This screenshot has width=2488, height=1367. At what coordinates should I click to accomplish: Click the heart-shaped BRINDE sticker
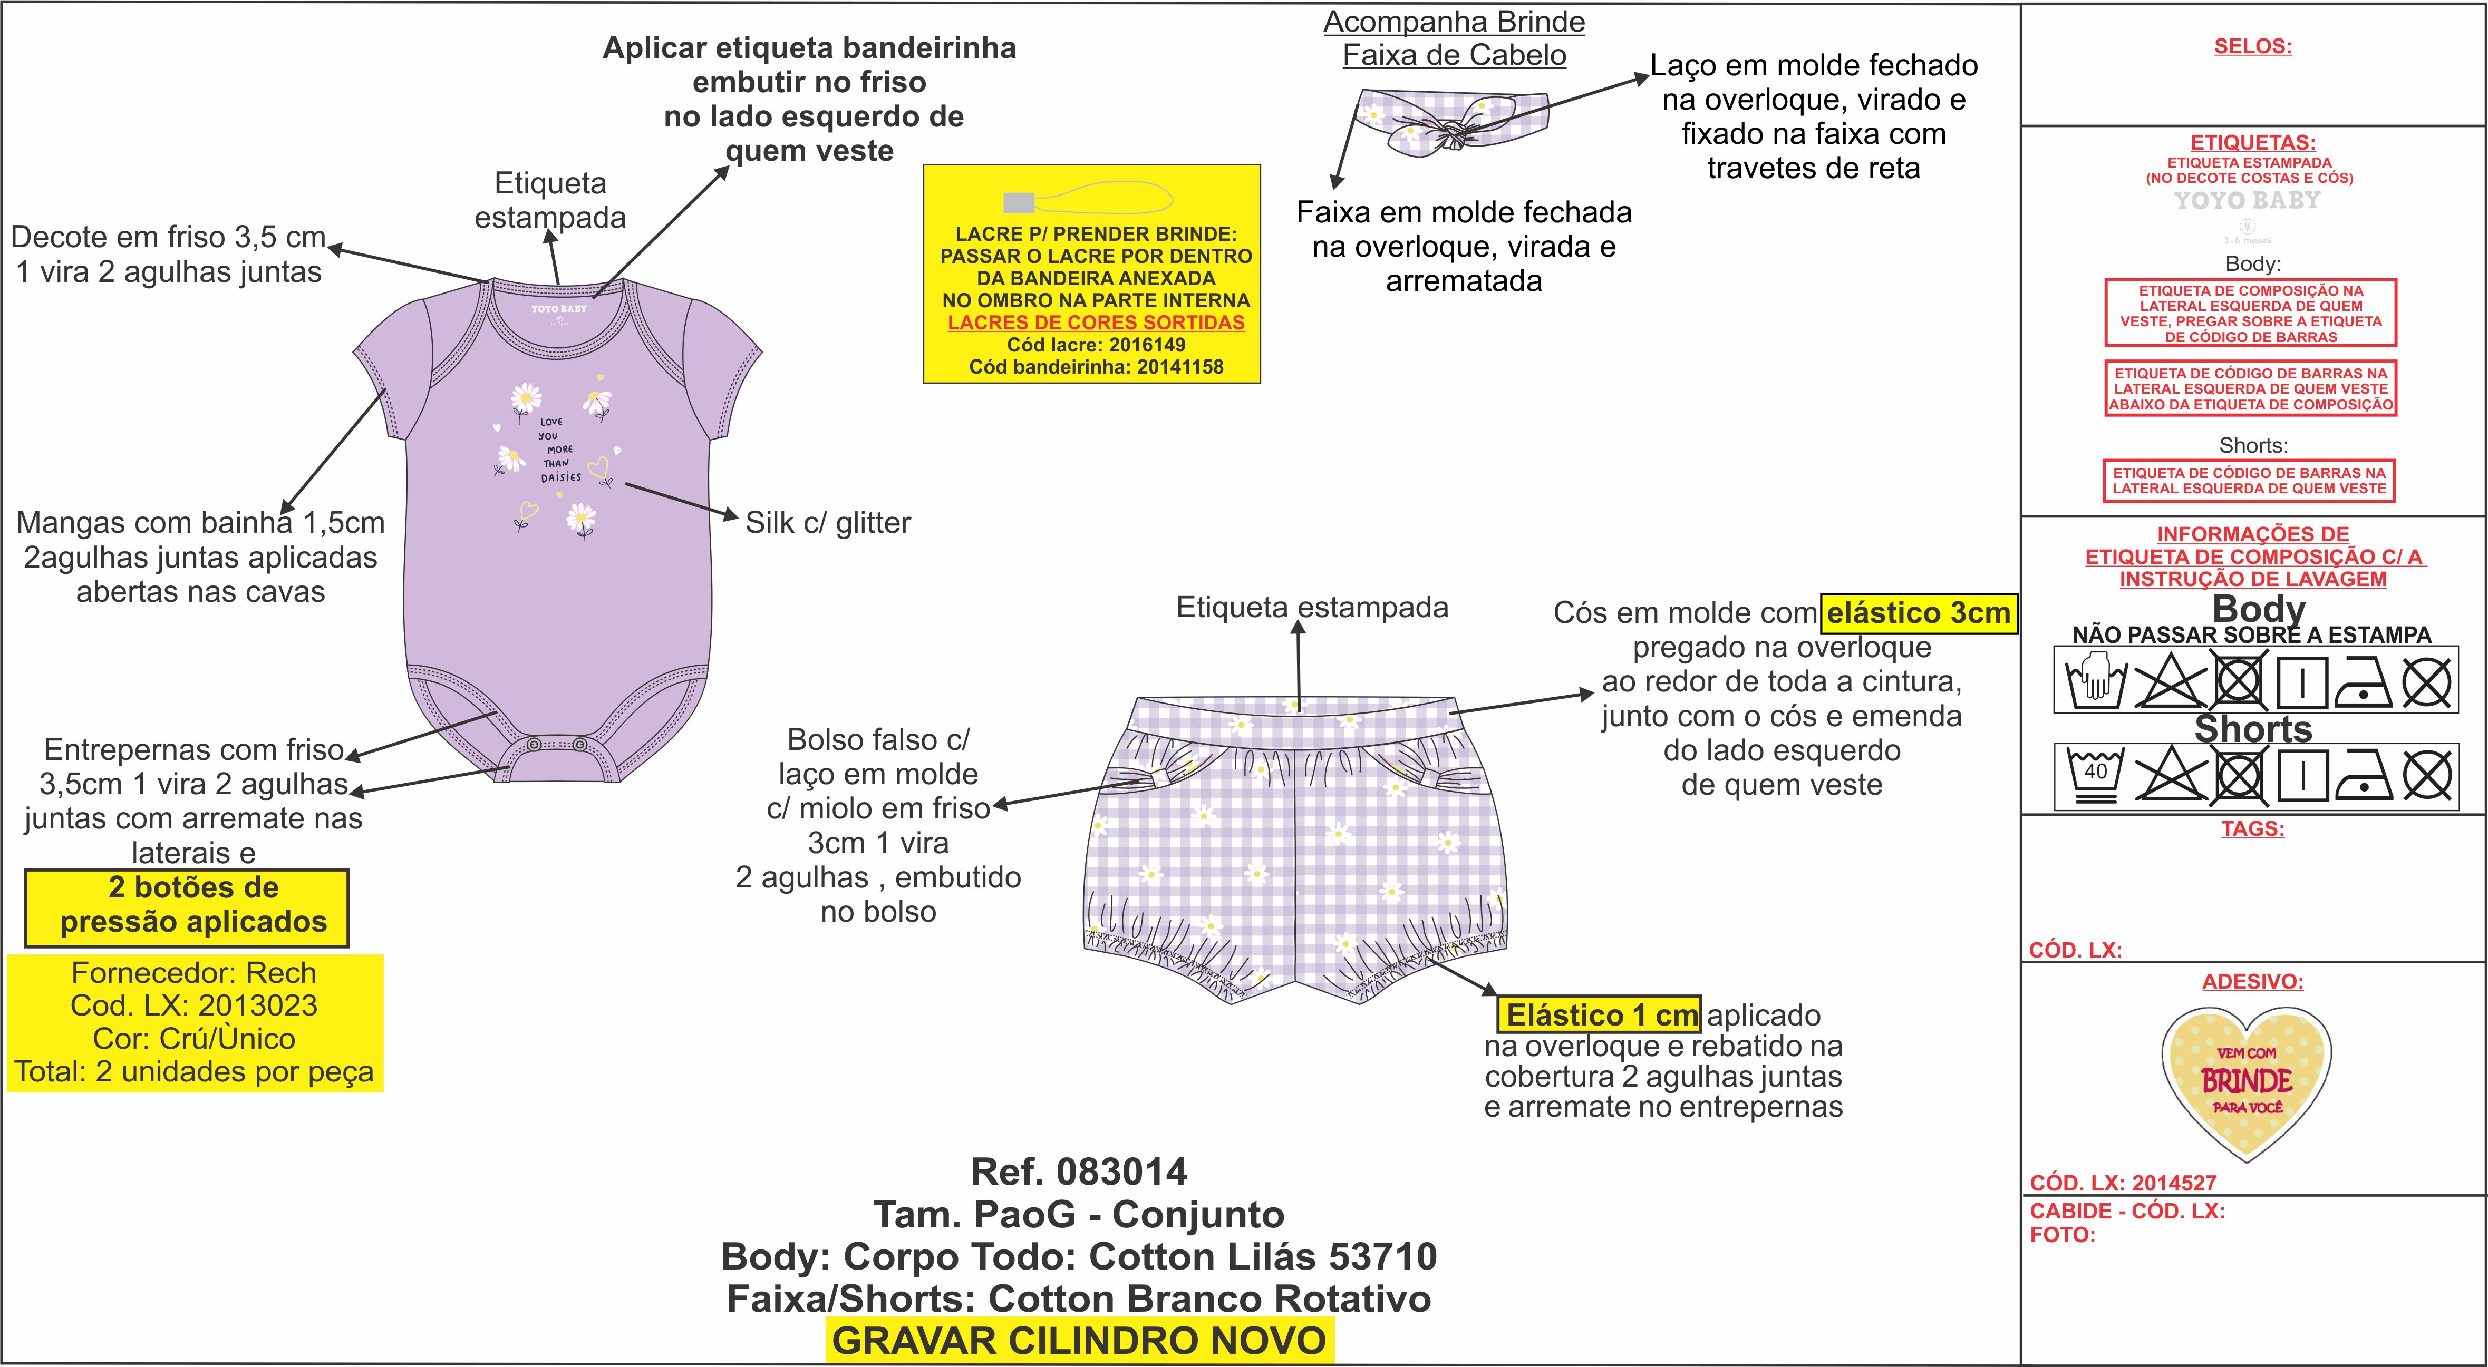point(2247,1081)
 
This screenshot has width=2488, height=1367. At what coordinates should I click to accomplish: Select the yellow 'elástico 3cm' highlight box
point(1918,613)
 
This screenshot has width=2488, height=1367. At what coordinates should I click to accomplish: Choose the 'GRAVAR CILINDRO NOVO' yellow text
point(1079,1341)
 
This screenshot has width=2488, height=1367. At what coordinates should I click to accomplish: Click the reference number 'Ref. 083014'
point(1079,1172)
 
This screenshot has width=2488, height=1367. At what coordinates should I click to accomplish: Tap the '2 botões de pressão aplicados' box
point(187,905)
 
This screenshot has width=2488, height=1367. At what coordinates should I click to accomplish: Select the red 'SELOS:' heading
point(2252,46)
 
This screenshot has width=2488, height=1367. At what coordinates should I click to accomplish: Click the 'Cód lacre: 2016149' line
point(1095,345)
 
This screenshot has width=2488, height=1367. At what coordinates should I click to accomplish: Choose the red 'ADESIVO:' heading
point(2252,982)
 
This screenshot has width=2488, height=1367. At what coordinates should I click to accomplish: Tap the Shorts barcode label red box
point(2250,481)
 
